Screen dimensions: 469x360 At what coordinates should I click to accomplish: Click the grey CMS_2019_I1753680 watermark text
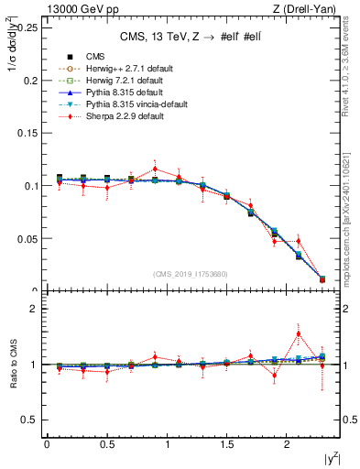click(191, 274)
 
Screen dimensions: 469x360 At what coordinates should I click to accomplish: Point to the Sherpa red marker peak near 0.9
click(155, 169)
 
